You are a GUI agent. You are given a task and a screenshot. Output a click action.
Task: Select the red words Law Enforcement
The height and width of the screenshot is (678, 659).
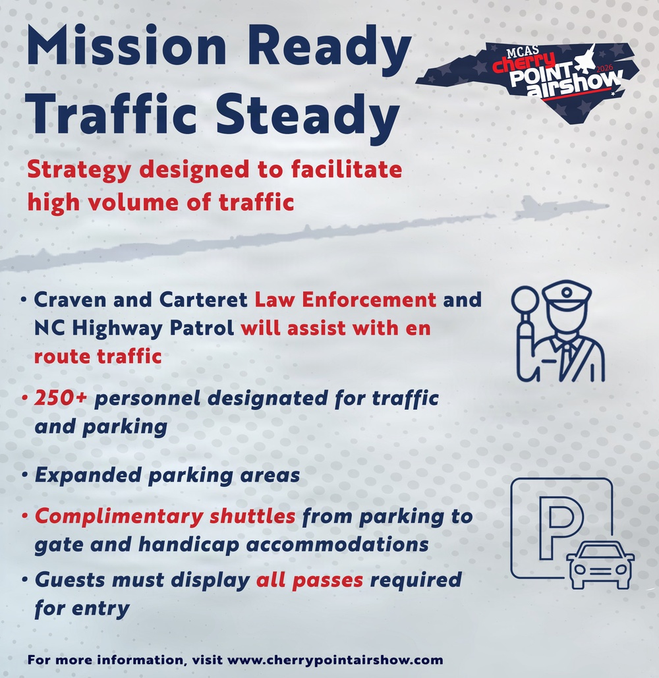click(345, 300)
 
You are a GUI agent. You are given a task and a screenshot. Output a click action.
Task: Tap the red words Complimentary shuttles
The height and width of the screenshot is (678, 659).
click(165, 516)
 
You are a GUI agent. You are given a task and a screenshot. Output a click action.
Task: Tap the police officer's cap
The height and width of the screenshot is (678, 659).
click(565, 295)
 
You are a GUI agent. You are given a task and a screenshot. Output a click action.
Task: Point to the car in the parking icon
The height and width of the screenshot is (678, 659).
click(600, 565)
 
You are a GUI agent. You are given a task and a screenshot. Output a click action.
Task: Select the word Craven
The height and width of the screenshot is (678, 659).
click(65, 300)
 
